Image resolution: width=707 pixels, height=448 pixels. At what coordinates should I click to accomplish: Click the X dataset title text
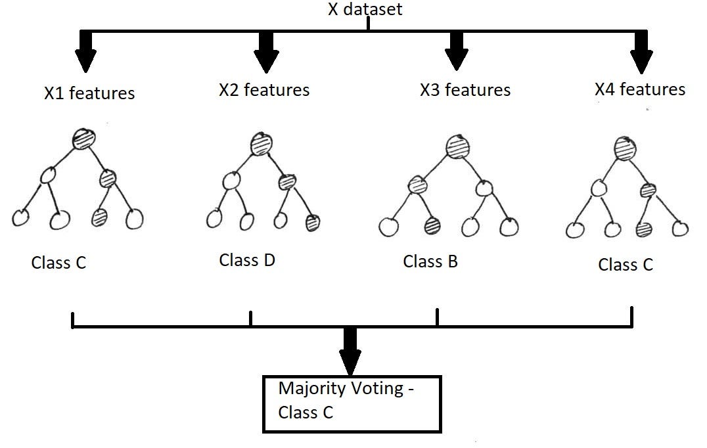click(x=365, y=9)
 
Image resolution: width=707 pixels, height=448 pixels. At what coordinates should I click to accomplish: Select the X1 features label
click(x=89, y=93)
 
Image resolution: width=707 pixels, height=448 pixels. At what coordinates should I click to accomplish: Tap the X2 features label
click(x=264, y=90)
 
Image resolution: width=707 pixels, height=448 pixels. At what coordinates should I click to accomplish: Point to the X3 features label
click(x=465, y=90)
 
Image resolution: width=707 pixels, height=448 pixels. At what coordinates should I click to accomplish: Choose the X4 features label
click(x=640, y=89)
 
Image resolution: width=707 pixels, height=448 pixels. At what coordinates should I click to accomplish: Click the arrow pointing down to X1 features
click(x=85, y=51)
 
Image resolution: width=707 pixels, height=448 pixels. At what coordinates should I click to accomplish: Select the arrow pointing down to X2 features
click(x=266, y=51)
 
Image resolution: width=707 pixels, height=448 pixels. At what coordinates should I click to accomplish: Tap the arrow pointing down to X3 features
click(x=456, y=51)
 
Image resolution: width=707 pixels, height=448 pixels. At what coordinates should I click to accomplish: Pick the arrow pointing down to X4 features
click(x=641, y=52)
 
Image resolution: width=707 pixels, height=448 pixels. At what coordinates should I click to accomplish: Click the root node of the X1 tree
click(x=84, y=139)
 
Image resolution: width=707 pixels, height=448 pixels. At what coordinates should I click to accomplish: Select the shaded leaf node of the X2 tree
click(x=313, y=223)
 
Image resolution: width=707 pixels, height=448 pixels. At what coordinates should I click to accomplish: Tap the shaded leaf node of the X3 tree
click(x=432, y=225)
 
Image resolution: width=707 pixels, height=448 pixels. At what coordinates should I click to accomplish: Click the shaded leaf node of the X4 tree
click(x=644, y=229)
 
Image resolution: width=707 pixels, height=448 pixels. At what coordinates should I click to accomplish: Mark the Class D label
click(x=247, y=260)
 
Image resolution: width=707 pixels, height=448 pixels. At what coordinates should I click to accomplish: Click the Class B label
click(x=430, y=261)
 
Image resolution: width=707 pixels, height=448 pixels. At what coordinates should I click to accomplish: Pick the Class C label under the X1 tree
click(x=58, y=263)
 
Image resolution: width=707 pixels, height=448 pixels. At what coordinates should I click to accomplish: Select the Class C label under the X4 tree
click(x=626, y=265)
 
